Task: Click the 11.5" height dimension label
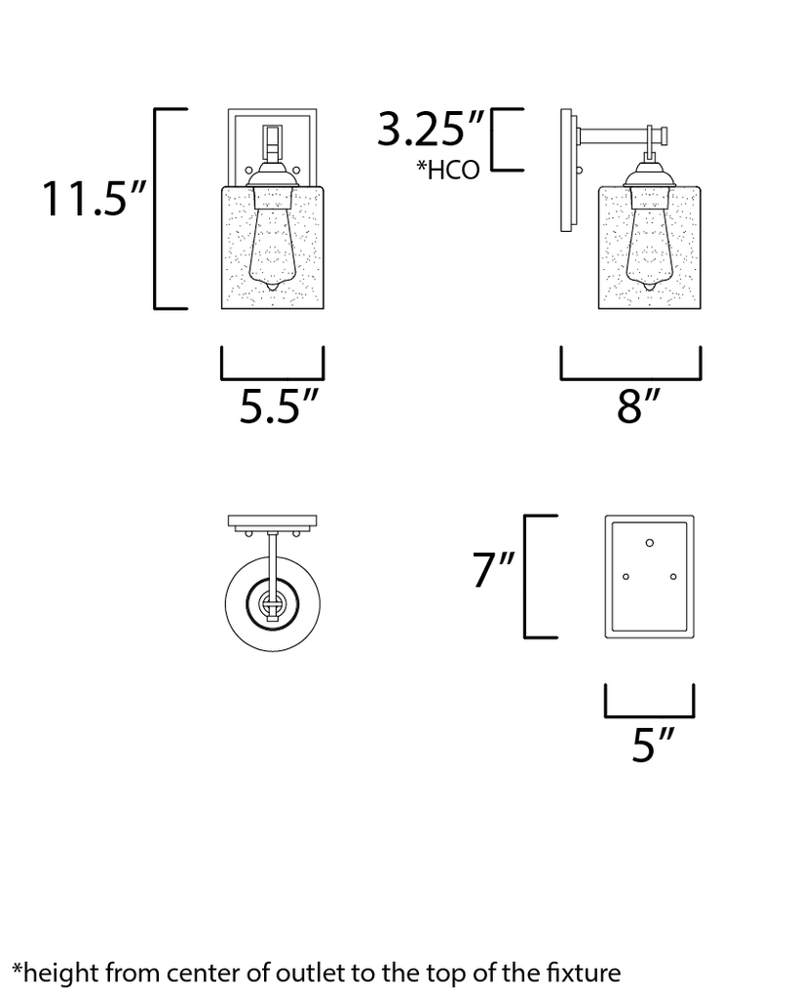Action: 94,199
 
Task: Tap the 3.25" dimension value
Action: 431,128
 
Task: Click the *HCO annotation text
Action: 448,171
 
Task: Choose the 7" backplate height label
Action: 494,570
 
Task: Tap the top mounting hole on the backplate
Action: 650,542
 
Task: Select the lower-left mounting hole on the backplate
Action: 627,577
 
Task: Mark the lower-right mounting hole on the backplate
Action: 673,577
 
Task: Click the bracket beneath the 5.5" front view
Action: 273,376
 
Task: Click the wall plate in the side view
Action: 567,172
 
